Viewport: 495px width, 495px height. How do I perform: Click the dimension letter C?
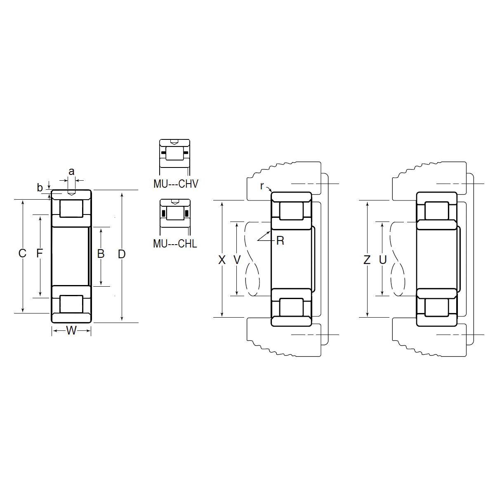point(22,253)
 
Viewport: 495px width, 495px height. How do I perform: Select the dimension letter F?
point(39,253)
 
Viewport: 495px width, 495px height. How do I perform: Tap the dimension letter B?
point(101,254)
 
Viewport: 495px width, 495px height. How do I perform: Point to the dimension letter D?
point(122,254)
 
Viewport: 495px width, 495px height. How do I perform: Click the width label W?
point(71,330)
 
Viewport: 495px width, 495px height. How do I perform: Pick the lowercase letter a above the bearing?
point(71,171)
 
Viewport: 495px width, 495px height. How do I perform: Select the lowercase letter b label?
point(40,188)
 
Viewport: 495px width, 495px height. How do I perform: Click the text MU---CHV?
point(176,184)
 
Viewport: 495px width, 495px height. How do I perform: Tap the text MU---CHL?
point(175,243)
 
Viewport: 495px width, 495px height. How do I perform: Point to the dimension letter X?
point(222,260)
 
